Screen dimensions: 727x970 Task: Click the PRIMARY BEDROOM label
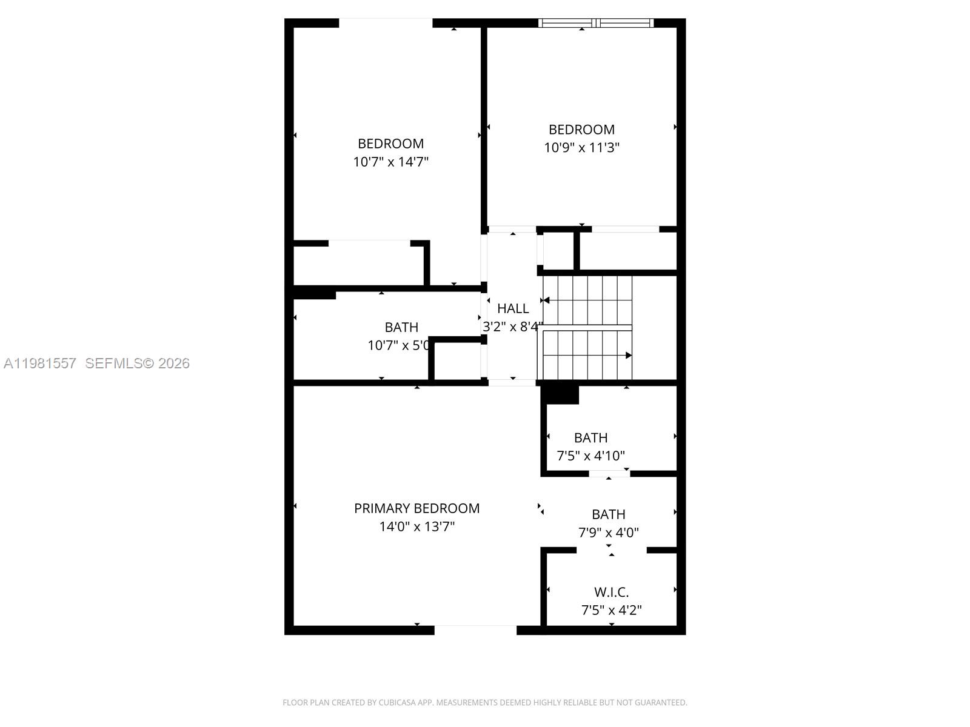point(416,508)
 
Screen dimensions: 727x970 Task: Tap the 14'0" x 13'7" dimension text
point(416,526)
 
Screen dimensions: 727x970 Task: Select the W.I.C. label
point(611,592)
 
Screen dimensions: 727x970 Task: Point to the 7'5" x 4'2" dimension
point(611,610)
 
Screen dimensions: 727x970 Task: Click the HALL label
point(513,308)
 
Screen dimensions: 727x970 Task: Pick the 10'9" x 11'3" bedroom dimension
point(581,147)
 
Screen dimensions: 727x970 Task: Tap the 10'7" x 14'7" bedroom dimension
point(391,162)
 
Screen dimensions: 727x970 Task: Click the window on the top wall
point(596,23)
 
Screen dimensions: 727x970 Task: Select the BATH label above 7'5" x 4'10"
point(590,437)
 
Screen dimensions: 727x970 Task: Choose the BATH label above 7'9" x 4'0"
point(608,514)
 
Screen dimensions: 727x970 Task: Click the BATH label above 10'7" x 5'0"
point(401,327)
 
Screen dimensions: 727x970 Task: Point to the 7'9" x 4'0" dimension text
point(608,533)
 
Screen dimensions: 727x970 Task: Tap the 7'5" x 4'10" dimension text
point(590,456)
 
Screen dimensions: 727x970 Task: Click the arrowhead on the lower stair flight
point(629,356)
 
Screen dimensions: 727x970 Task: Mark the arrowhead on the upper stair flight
point(546,300)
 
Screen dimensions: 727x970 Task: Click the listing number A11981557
point(40,363)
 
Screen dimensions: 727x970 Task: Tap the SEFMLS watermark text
point(113,363)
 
